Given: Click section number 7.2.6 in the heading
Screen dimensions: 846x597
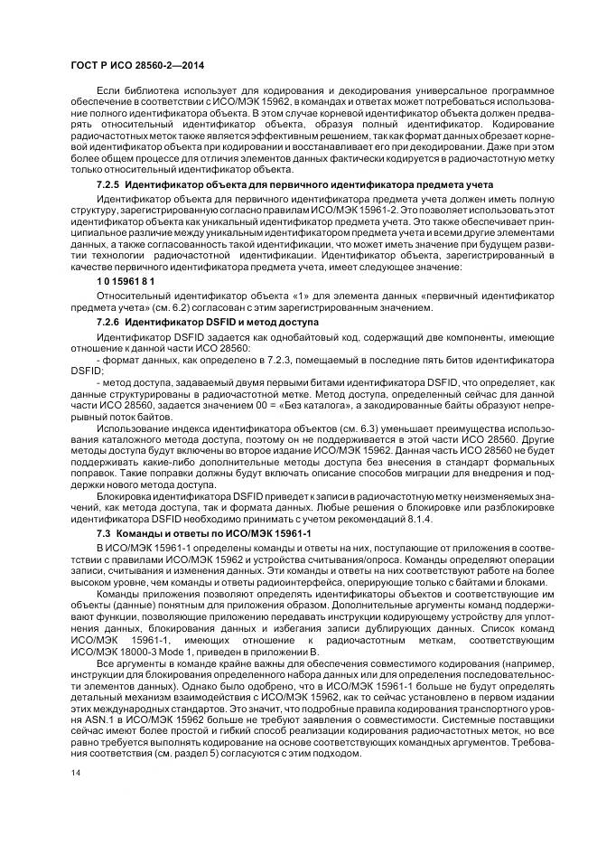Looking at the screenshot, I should pos(109,321).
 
